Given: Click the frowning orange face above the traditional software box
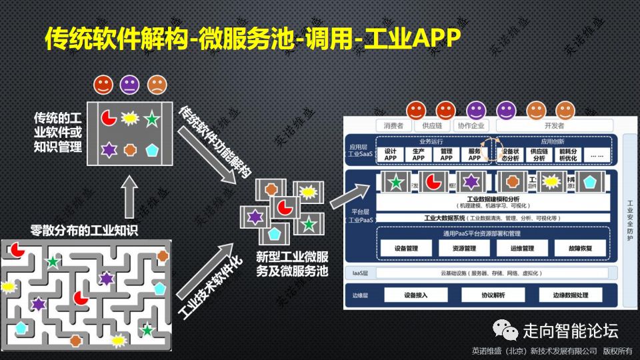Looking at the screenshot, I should point(157,85).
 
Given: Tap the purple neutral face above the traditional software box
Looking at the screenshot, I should point(130,85).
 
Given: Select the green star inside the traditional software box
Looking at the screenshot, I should point(153,120).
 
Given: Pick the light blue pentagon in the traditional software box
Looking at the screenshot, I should point(153,149).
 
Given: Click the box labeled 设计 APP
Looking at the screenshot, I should point(390,155).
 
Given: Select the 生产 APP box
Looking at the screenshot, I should point(418,155).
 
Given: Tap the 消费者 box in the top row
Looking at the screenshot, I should point(390,125).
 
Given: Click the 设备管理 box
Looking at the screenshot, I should point(406,249).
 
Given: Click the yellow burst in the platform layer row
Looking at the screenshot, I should point(551,181).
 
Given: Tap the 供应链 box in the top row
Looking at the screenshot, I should point(428,125).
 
